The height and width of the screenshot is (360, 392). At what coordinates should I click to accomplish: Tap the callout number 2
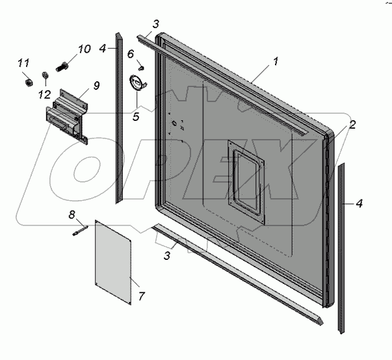(x=352, y=125)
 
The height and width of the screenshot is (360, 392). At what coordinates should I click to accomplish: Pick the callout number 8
(x=72, y=214)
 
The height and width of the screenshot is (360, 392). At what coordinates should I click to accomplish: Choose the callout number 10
(x=85, y=49)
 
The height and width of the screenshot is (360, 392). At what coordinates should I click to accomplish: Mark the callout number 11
(x=23, y=63)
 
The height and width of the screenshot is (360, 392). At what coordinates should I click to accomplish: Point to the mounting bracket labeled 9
(x=68, y=117)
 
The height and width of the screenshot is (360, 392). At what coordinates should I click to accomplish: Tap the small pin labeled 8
(x=80, y=228)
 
